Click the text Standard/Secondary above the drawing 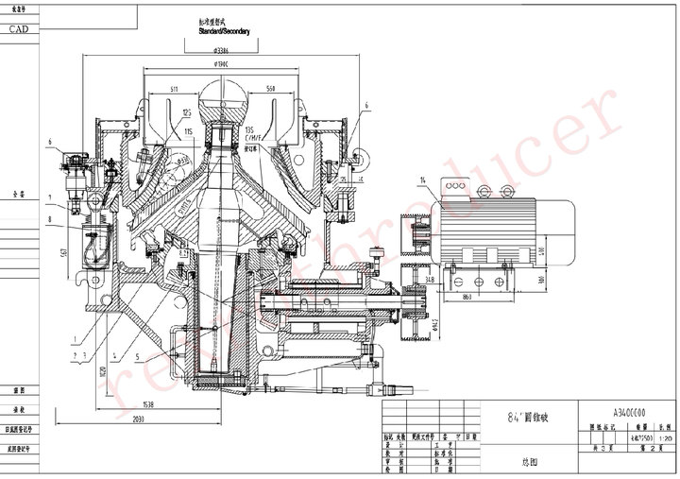pos(224,31)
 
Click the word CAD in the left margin pos(18,29)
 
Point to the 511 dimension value pos(176,89)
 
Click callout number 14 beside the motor pos(425,180)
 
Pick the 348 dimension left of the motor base pos(430,280)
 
